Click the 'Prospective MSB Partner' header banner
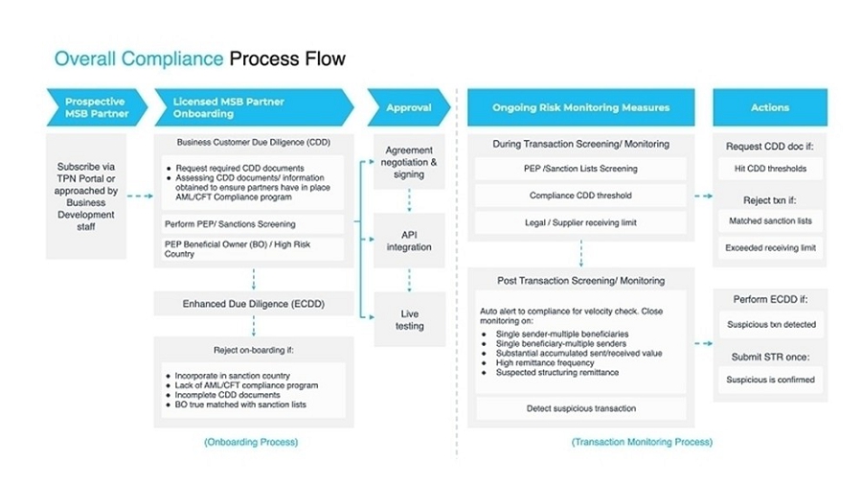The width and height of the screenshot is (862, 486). point(95,107)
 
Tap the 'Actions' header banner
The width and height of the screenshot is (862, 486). point(770,107)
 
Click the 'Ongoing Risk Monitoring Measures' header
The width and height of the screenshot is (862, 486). point(580,107)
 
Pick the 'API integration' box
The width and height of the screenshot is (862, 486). point(409,241)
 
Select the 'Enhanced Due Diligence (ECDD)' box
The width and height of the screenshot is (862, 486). point(254,303)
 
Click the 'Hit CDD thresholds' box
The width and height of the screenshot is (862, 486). point(770,169)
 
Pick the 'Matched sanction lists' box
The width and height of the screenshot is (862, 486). point(770,220)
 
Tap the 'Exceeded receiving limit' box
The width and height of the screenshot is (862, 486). point(770,248)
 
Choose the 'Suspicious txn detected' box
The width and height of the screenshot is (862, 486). point(770,325)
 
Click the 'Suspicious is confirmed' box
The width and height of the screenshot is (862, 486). point(770,379)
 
